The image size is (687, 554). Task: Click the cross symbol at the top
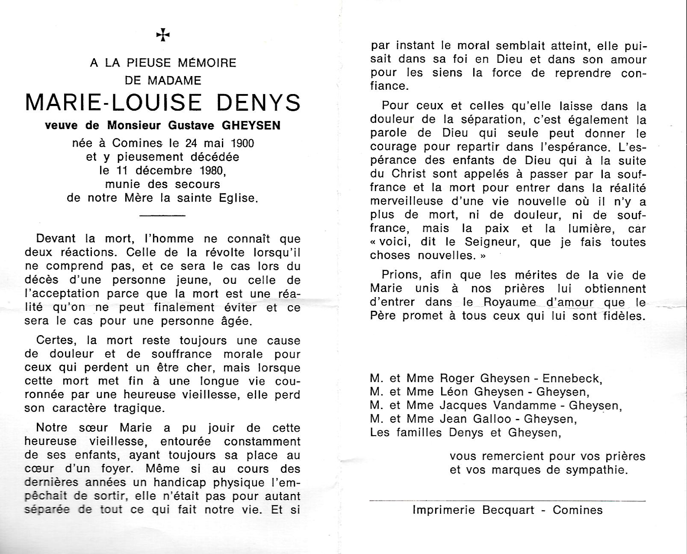[163, 35]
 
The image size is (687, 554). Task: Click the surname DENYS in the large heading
[257, 103]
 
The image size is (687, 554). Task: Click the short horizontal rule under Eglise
[162, 215]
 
